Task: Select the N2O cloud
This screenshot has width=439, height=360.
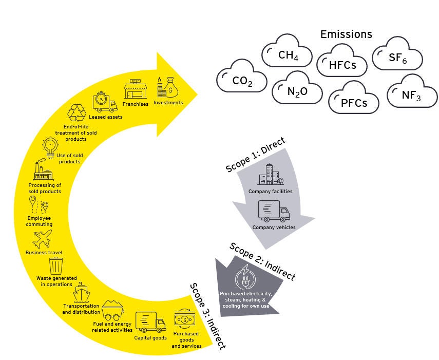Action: (297, 92)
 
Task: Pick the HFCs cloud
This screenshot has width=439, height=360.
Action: (342, 65)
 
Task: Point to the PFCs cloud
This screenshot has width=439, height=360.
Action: (353, 102)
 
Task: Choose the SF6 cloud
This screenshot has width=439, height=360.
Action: (397, 60)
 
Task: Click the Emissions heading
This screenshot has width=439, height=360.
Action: (346, 34)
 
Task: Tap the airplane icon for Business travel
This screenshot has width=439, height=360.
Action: (42, 239)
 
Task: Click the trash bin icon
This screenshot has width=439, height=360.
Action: (55, 266)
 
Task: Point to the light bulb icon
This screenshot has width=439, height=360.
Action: (50, 145)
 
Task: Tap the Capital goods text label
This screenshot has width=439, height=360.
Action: (149, 338)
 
